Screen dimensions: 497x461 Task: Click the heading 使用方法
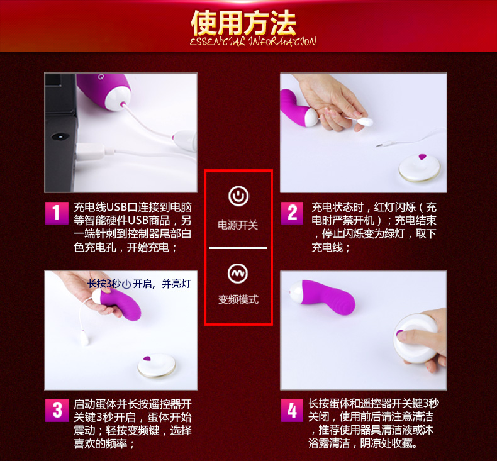(243, 23)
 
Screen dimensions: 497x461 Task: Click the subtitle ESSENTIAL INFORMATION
(253, 42)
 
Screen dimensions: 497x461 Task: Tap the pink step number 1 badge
(57, 213)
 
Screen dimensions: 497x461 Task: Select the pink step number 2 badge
(292, 213)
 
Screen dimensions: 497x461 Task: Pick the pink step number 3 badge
(57, 410)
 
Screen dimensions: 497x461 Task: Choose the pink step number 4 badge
(293, 410)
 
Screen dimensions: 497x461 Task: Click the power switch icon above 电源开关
(238, 196)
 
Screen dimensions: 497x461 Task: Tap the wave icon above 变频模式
(238, 274)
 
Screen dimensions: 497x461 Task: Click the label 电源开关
(238, 225)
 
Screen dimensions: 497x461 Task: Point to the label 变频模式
(238, 299)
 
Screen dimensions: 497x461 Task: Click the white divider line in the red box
(238, 248)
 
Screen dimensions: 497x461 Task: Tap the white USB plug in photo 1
(91, 152)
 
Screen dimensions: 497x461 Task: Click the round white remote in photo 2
(420, 167)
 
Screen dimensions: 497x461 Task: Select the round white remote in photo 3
(157, 365)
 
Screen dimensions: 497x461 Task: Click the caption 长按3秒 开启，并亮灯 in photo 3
(139, 284)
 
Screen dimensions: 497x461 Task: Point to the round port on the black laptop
(60, 136)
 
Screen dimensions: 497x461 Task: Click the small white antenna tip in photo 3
(84, 338)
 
